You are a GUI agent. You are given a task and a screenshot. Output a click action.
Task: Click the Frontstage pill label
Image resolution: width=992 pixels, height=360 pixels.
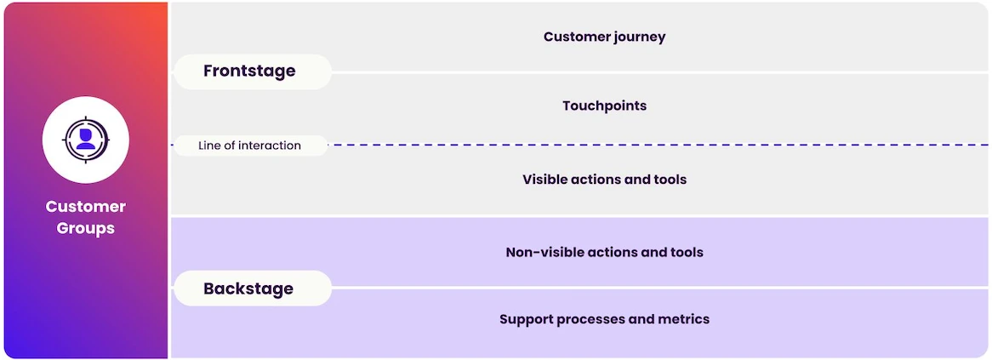pos(253,71)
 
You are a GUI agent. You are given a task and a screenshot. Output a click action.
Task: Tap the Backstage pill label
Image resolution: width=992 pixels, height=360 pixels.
pos(253,289)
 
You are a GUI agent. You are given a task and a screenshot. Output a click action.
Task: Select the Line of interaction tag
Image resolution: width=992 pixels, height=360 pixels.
pos(250,146)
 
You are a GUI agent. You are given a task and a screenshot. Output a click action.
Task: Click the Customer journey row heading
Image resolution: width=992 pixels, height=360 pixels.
pos(604,37)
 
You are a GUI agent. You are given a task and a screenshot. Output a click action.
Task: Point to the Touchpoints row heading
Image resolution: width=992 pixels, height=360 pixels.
pos(604,106)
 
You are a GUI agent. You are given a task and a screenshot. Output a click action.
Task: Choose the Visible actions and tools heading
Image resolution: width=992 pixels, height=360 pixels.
pos(604,179)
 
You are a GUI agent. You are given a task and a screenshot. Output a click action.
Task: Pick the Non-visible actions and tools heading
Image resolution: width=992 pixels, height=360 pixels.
pos(604,252)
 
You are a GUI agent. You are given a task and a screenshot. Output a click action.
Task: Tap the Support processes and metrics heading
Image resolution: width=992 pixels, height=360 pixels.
pos(604,319)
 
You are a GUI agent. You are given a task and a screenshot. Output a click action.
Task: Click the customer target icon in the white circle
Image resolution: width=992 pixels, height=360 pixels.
pos(85,140)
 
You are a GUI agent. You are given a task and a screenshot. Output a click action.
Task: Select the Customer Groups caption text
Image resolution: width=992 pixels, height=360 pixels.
pos(85,217)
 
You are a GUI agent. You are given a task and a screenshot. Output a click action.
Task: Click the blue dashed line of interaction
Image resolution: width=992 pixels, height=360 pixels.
pos(658,145)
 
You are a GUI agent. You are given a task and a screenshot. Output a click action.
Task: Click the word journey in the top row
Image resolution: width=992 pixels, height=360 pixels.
pos(640,37)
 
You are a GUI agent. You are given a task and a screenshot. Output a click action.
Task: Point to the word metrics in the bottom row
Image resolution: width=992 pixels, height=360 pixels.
pos(685,319)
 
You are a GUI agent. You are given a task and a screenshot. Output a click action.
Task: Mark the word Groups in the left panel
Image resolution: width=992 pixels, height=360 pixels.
pos(85,228)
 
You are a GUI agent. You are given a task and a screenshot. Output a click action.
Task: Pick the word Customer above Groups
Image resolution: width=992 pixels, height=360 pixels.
pos(85,207)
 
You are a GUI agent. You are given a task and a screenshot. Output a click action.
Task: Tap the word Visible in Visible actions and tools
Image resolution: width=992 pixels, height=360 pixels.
pos(545,179)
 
